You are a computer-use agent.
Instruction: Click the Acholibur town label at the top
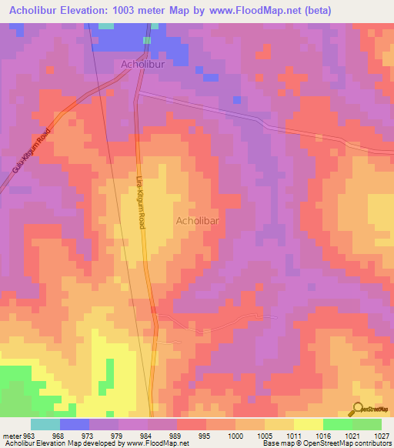coord(143,65)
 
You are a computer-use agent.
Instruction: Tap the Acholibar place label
coord(199,221)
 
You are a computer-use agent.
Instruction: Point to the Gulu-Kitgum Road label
coord(32,160)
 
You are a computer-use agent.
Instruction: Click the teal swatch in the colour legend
coord(45,424)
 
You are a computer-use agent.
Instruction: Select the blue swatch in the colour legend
coord(75,424)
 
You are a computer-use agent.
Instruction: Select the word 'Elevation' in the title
coord(98,10)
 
